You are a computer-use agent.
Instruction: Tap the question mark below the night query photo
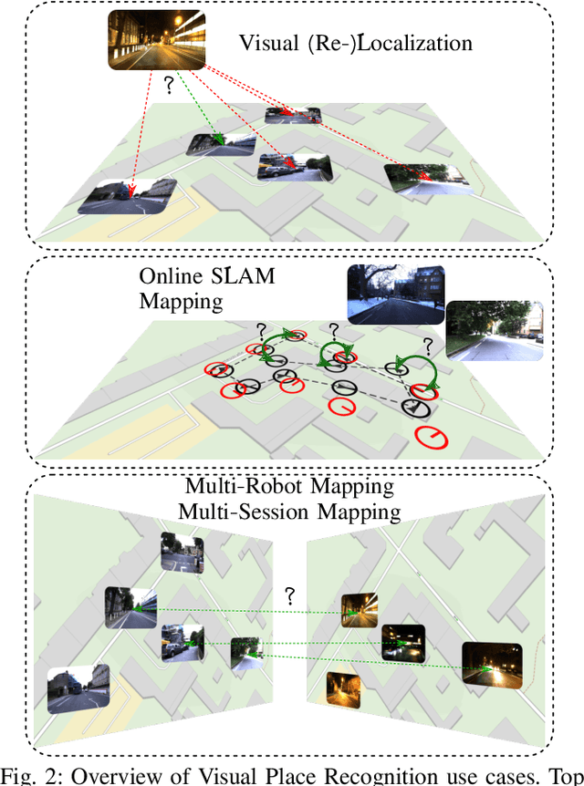click(x=168, y=86)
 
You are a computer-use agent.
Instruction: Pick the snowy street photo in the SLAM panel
click(x=395, y=295)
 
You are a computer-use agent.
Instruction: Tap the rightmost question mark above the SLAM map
click(x=427, y=346)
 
